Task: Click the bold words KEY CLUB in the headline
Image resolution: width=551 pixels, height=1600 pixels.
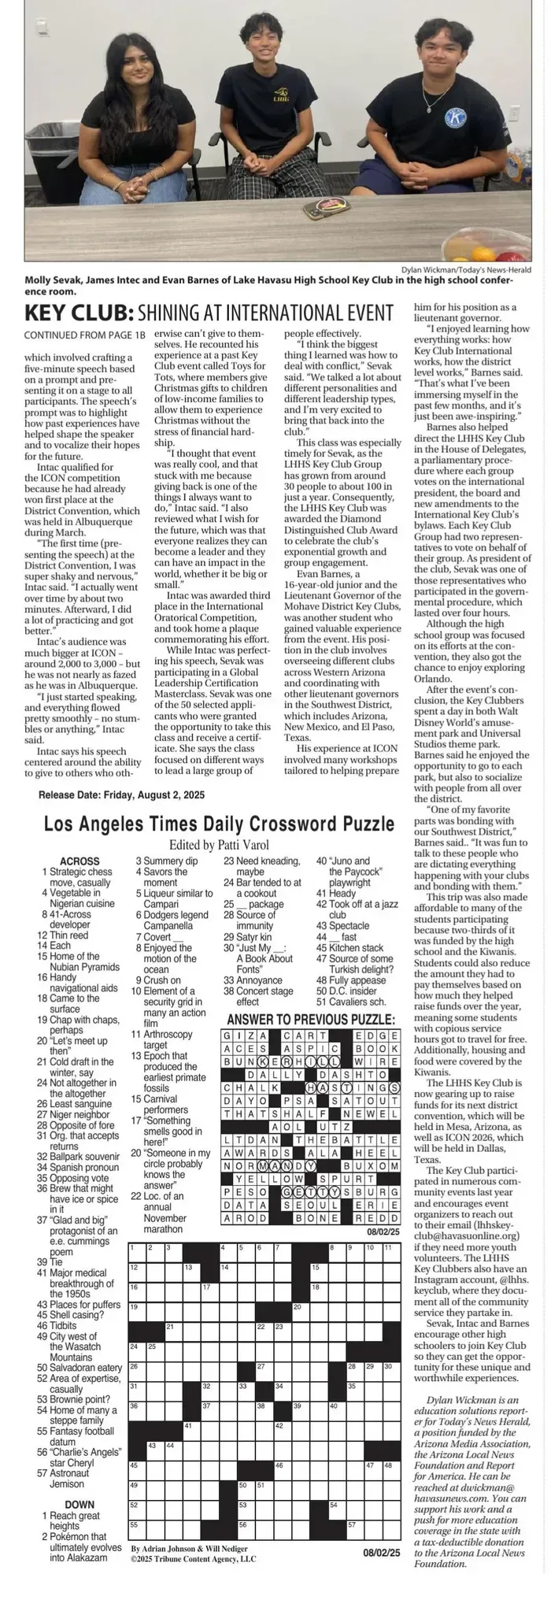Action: (x=78, y=313)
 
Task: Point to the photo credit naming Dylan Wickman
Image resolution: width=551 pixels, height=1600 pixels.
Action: (x=471, y=269)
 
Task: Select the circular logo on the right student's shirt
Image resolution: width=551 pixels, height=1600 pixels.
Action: (x=455, y=118)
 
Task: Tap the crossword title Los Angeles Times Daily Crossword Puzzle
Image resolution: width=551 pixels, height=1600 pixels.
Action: (x=219, y=824)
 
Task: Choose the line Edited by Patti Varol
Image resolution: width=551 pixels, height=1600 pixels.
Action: (x=219, y=844)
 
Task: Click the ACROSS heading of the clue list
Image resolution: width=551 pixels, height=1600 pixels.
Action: (x=80, y=861)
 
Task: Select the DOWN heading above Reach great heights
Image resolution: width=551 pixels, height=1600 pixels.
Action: (x=80, y=1505)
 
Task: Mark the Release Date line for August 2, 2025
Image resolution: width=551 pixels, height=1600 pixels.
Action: (x=121, y=795)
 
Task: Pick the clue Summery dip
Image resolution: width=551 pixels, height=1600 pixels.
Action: (x=165, y=861)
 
